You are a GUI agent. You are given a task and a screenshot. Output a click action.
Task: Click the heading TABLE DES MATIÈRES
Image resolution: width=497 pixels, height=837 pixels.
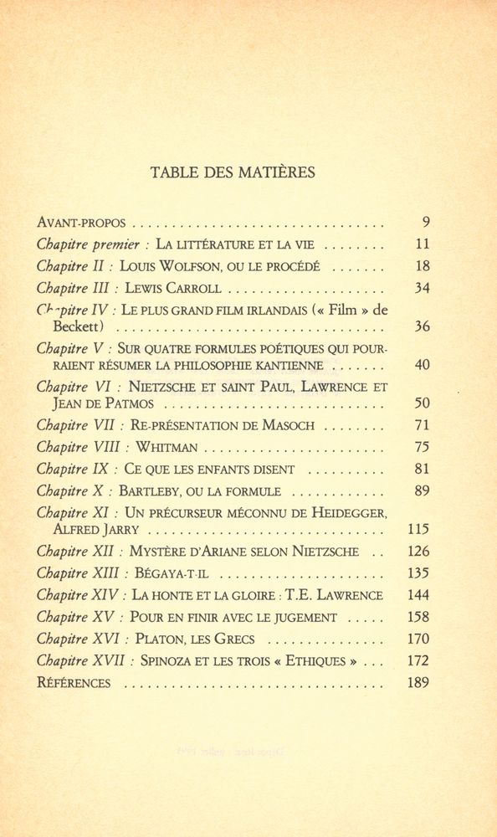(233, 173)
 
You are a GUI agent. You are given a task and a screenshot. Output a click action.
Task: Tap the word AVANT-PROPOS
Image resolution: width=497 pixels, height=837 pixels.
(81, 223)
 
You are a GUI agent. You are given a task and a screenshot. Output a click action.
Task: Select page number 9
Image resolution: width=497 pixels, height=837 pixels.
(425, 223)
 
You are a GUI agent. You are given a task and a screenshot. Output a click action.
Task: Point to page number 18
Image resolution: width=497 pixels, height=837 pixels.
(422, 267)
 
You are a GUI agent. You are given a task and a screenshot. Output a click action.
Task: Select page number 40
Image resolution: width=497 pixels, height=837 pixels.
(422, 366)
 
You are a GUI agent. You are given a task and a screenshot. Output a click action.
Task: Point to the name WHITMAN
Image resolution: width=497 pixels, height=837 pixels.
(167, 447)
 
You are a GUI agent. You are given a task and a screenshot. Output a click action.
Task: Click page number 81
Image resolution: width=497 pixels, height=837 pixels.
(422, 469)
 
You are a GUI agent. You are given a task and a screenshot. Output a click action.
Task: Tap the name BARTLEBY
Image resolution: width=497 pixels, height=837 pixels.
(153, 491)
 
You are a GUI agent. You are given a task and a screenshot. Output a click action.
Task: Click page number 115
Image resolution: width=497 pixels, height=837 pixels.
(419, 529)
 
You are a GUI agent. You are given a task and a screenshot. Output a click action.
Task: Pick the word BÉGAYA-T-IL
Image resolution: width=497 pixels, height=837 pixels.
(172, 573)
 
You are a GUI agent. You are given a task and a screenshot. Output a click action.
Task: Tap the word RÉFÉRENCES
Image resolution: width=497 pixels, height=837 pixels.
(74, 683)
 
